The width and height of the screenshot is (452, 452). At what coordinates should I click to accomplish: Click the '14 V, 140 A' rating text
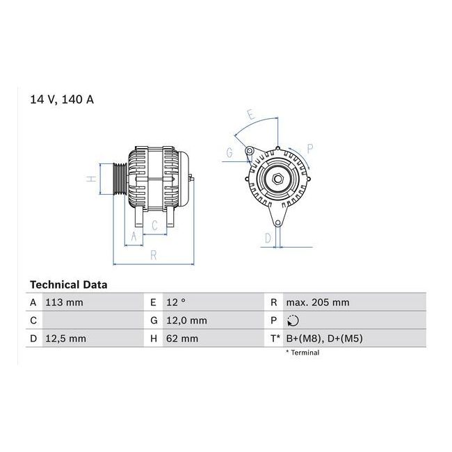62,99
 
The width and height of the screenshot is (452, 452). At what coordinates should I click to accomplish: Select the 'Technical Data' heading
69,285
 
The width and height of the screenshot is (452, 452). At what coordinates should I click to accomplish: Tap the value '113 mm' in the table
64,302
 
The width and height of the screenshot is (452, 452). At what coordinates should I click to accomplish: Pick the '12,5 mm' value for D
66,339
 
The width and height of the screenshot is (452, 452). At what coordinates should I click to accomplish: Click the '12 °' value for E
176,302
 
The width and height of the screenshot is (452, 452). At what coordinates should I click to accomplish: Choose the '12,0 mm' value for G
186,321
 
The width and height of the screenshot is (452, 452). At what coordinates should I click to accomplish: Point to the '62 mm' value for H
182,339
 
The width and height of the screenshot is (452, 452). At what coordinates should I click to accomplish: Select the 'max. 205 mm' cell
318,302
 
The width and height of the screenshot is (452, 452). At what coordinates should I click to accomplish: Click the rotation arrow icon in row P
293,321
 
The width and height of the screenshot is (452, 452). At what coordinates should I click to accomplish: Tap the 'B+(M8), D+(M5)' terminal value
324,339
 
